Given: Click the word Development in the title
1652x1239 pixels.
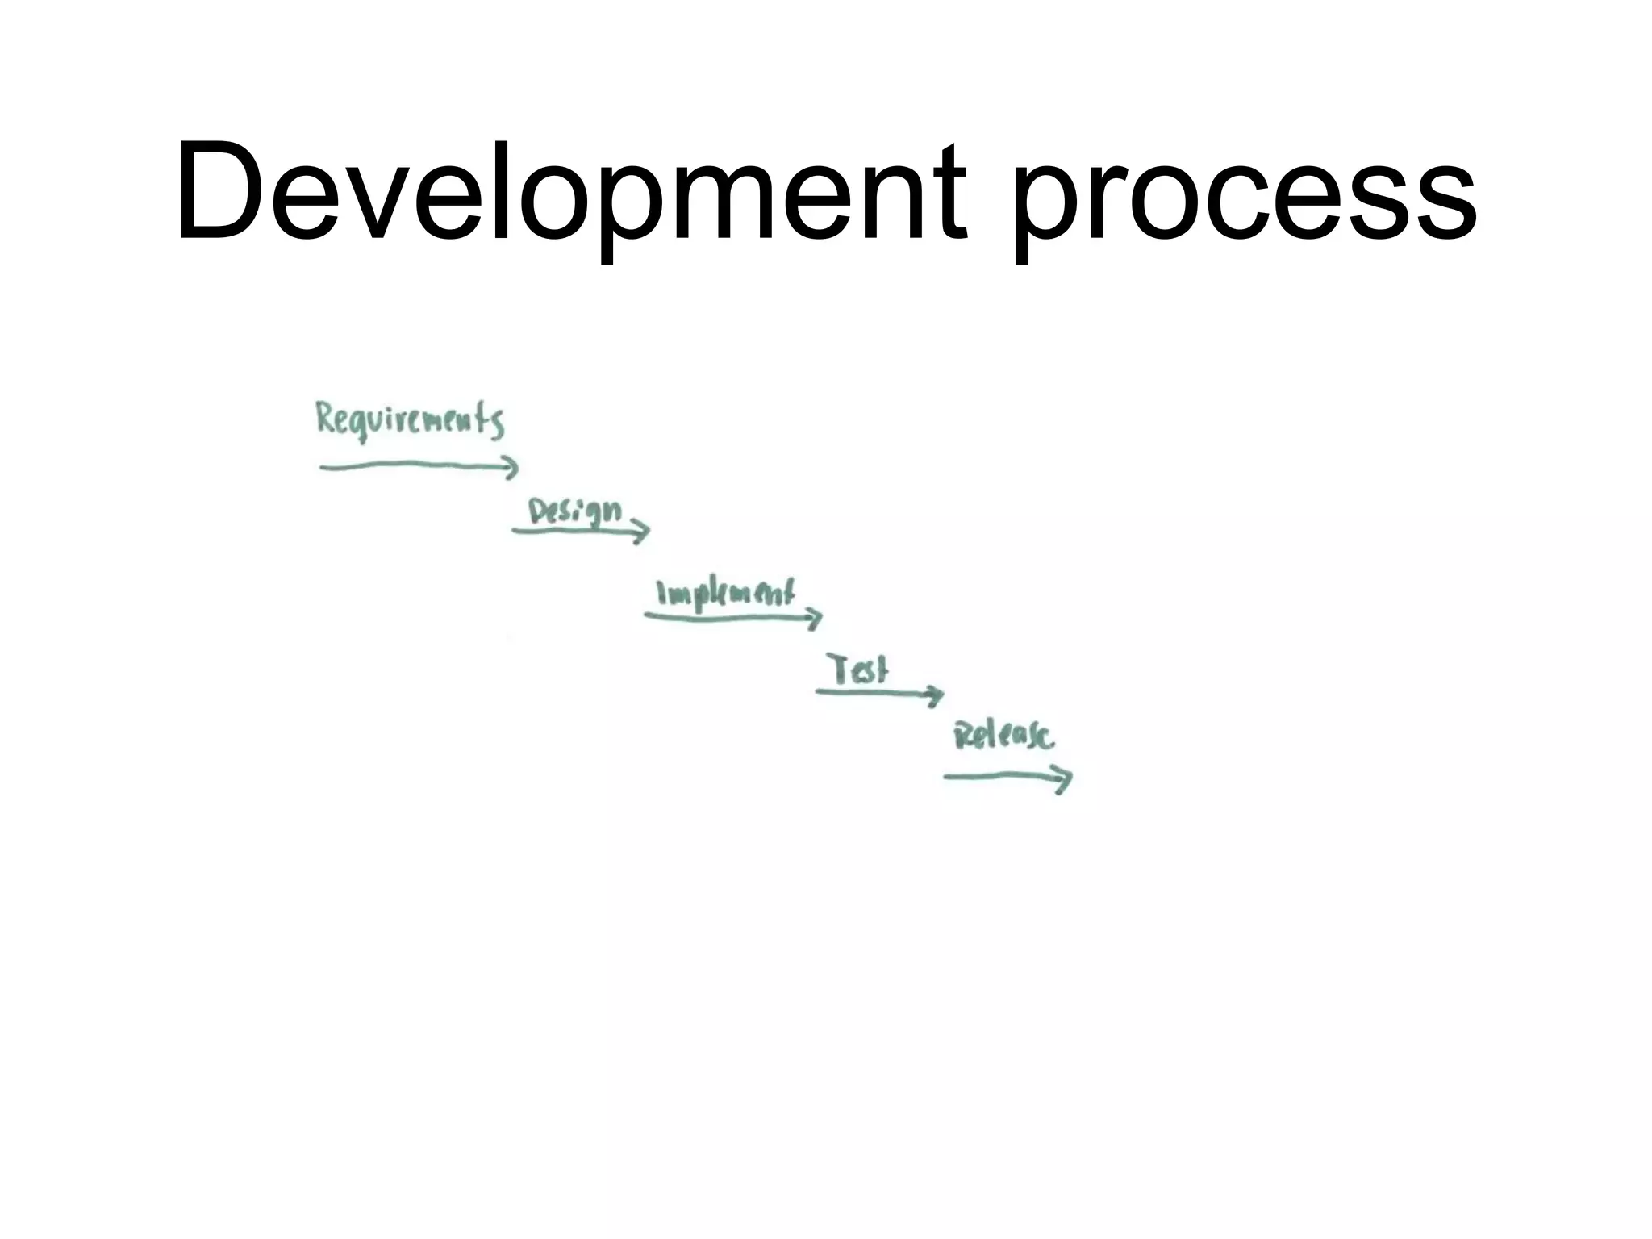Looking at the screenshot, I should click(569, 194).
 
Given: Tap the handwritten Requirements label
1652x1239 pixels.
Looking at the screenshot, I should click(410, 421).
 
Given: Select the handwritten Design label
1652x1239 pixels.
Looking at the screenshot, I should click(575, 511).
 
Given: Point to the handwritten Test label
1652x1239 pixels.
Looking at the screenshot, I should click(859, 670).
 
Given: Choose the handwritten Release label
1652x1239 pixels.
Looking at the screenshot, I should click(1003, 736).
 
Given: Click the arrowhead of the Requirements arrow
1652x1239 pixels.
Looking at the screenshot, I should click(511, 466).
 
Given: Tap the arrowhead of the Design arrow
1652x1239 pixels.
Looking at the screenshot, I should click(641, 531).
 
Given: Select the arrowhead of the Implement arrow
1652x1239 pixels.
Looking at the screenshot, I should click(815, 619).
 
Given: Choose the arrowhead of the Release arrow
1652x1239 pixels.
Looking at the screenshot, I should click(1065, 778).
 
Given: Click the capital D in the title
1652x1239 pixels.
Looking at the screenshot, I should click(219, 194).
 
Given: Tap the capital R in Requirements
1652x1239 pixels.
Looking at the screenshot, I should click(326, 419).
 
